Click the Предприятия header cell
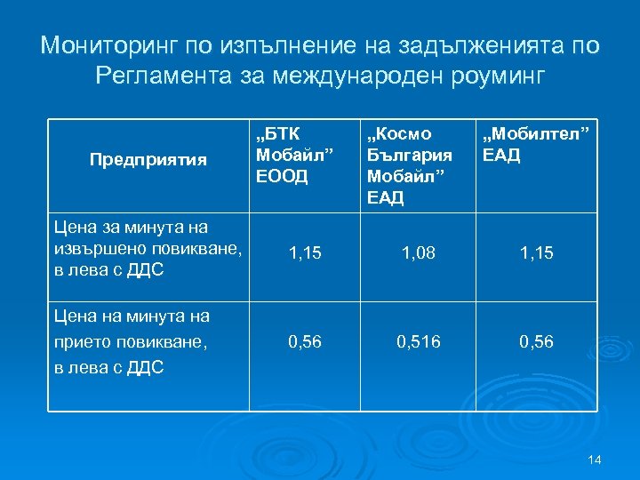click(x=148, y=160)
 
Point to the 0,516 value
click(x=419, y=341)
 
